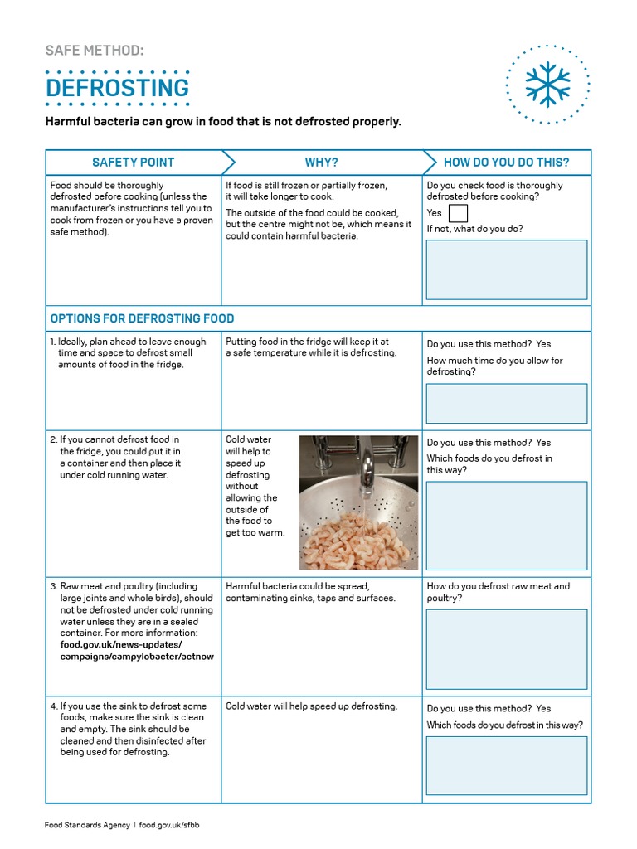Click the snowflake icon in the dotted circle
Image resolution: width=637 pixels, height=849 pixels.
point(547,84)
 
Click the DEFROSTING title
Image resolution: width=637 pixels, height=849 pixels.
point(117,88)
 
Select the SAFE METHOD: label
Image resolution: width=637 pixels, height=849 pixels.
point(95,51)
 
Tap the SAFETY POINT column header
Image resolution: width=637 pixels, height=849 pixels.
point(133,163)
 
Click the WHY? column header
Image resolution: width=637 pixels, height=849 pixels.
point(321,163)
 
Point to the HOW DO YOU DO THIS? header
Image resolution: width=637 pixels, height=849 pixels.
point(506,163)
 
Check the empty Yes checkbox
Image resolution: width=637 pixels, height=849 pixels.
point(458,214)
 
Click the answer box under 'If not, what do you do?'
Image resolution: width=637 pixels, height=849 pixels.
point(506,269)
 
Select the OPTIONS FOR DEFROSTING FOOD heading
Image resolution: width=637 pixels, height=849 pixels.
point(142,318)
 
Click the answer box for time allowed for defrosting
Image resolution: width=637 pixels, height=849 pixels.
point(506,403)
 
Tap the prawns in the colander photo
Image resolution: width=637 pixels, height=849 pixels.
point(357,539)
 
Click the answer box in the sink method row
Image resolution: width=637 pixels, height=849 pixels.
point(506,765)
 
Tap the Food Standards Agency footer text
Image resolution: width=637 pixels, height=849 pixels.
point(86,826)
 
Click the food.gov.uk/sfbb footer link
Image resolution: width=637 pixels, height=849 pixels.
point(169,826)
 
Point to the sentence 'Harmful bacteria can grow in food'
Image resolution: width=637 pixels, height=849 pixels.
point(223,122)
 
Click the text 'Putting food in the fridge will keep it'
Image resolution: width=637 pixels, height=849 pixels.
point(307,342)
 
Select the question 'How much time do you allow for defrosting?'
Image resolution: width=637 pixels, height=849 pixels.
point(494,366)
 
